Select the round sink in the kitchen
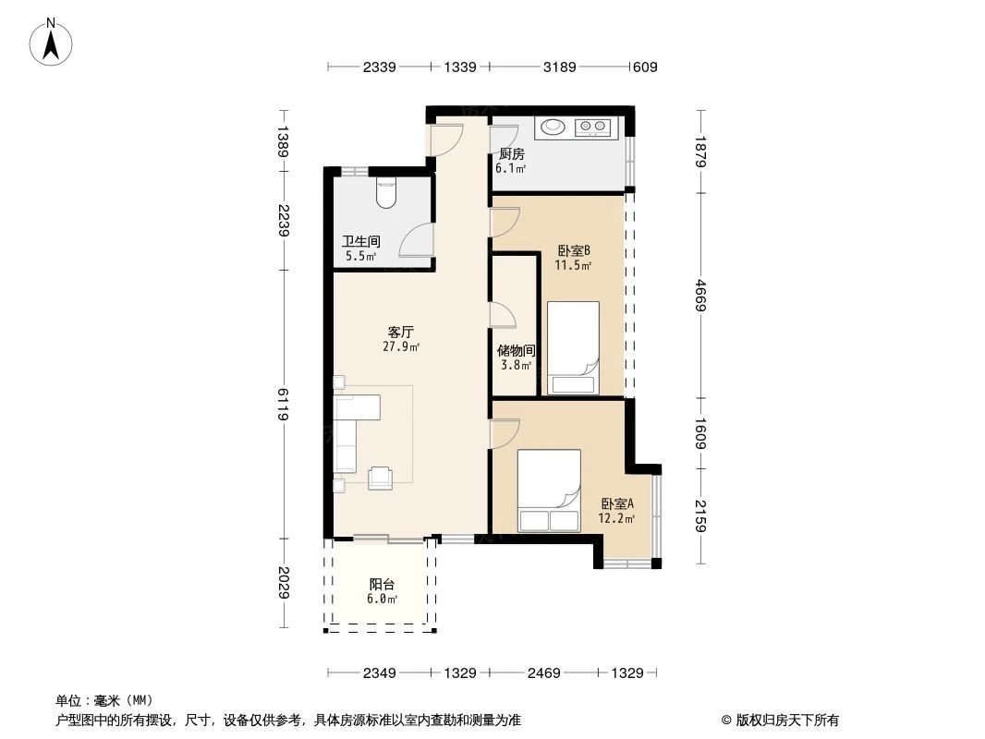coord(554,127)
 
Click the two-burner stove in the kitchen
coord(592,127)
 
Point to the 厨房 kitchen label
coord(512,154)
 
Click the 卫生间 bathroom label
coord(360,242)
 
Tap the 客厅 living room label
coord(400,332)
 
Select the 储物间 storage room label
coord(516,351)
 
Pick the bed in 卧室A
coord(549,491)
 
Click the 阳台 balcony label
coord(383,584)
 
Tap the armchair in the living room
coord(380,478)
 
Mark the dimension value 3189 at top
coord(559,67)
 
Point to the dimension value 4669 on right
coord(701,296)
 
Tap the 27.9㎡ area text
coord(401,347)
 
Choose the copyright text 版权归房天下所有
coord(780,720)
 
